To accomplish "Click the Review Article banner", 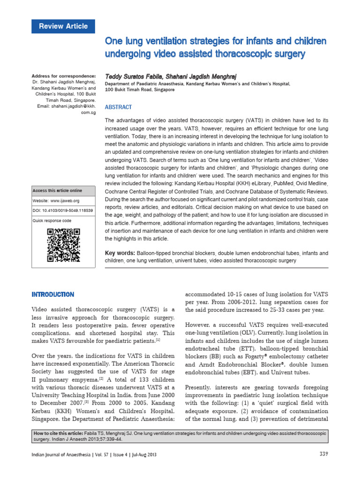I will tap(63, 26).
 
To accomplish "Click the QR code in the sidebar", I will tap(63, 245).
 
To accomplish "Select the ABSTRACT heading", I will tap(119, 107).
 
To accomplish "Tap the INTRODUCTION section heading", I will tap(52, 294).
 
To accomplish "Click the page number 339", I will tap(323, 454).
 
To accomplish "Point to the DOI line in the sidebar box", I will tap(63, 210).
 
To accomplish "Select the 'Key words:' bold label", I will tap(120, 253).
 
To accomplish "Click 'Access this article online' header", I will tap(57, 191).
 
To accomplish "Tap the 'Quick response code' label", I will tap(52, 220).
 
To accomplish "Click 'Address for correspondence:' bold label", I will tap(63, 76).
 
